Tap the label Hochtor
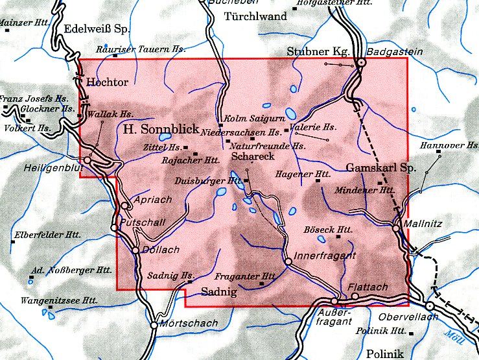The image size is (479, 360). [x=107, y=82]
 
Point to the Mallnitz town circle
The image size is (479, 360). [x=396, y=227]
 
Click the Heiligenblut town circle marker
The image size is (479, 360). [x=88, y=160]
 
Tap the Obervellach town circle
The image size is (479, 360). [x=429, y=306]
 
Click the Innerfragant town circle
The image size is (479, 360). [x=288, y=261]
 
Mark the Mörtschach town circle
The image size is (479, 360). [x=154, y=325]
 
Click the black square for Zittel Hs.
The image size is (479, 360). [x=186, y=147]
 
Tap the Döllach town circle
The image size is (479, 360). [x=135, y=250]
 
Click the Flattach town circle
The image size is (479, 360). [x=355, y=296]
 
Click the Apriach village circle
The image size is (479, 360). [x=124, y=206]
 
